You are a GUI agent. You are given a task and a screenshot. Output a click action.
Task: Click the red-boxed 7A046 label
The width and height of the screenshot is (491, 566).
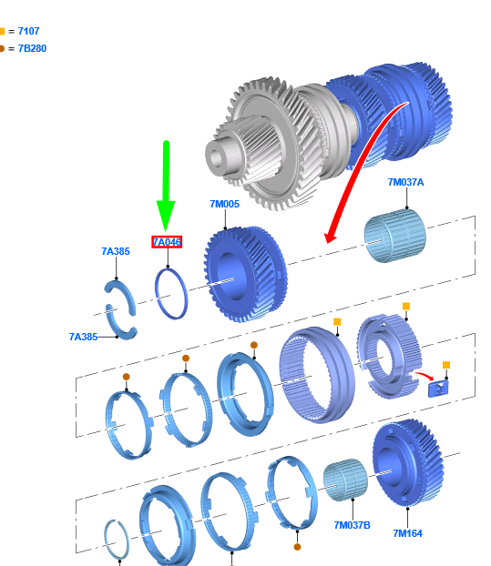[x=167, y=242]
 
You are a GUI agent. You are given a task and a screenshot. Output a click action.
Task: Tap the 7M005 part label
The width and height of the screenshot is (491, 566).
[x=225, y=205]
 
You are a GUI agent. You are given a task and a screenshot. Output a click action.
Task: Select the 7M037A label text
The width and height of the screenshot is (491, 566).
[x=405, y=182]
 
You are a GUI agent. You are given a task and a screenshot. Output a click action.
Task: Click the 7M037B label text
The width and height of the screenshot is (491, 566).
[x=352, y=525]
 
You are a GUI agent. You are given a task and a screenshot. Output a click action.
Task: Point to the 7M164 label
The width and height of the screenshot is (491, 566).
[x=407, y=533]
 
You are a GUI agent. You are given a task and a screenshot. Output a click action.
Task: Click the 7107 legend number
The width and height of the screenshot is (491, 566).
[x=28, y=32]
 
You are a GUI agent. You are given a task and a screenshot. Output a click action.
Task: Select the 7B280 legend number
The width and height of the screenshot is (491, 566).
[x=32, y=48]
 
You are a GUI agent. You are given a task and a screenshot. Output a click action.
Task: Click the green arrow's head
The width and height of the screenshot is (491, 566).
[x=166, y=216]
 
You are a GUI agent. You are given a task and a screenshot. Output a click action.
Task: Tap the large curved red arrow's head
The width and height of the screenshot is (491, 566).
[x=331, y=236]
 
